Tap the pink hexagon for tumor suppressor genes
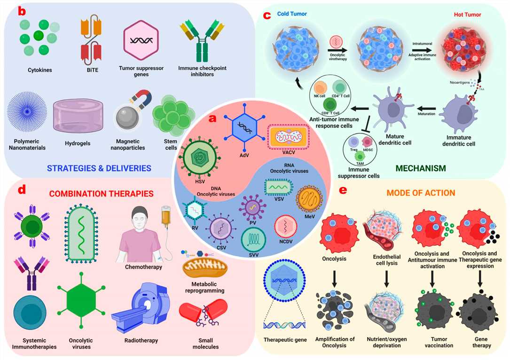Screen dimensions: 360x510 (141, 40)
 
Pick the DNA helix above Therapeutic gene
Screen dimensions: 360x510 (284, 324)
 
